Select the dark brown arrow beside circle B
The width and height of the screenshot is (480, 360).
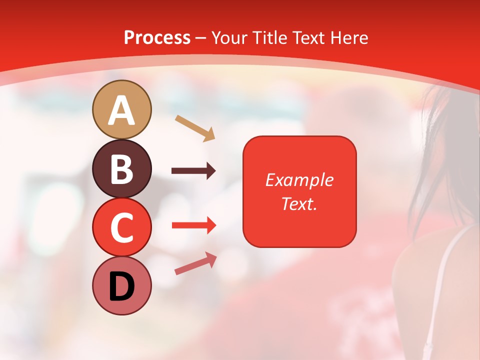[193, 171]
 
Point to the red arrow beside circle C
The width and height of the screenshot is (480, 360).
[193, 225]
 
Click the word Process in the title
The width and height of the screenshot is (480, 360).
[157, 38]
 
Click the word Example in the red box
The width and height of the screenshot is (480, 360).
[299, 180]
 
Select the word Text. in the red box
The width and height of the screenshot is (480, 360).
[299, 203]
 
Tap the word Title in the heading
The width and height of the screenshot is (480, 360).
[269, 38]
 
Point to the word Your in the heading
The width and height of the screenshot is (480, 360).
[229, 38]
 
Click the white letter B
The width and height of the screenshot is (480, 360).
[122, 169]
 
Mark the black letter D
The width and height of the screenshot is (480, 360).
[122, 286]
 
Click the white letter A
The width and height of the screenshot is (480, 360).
[122, 110]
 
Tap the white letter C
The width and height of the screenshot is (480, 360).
[122, 227]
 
